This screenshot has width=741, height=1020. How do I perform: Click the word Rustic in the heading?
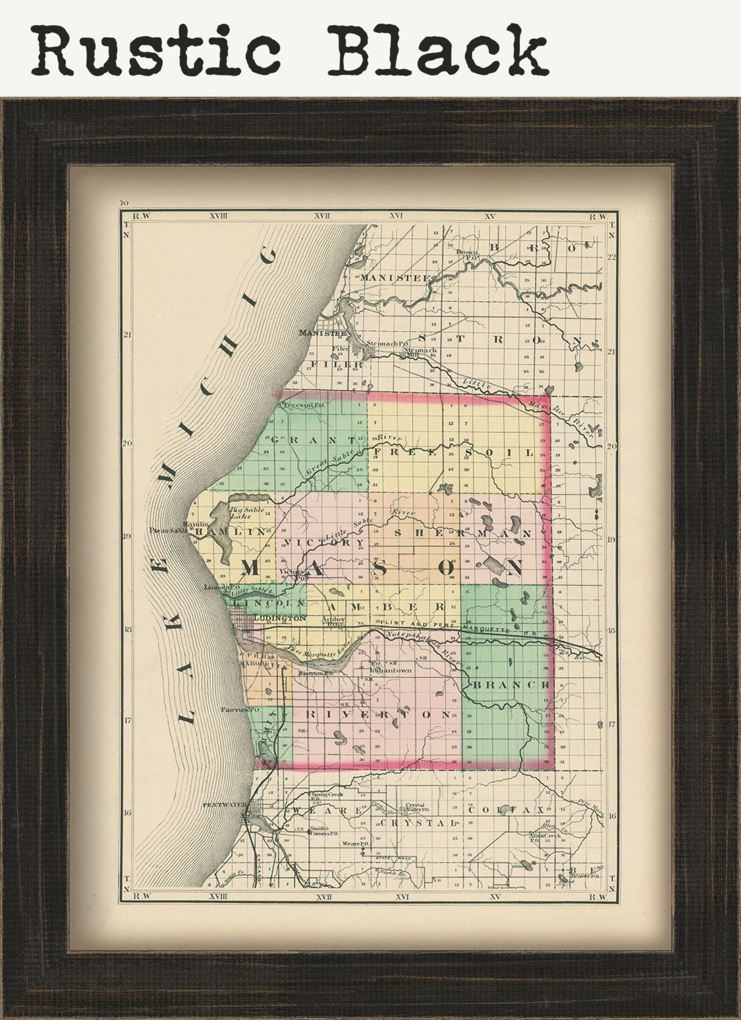pos(156,50)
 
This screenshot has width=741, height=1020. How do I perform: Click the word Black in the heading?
pos(439,50)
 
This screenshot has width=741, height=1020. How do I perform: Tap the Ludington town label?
pos(280,618)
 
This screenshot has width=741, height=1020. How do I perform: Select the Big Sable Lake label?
pos(247,513)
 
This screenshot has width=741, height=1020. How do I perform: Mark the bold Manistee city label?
pos(322,333)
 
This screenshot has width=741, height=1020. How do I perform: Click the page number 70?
pos(124,203)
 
